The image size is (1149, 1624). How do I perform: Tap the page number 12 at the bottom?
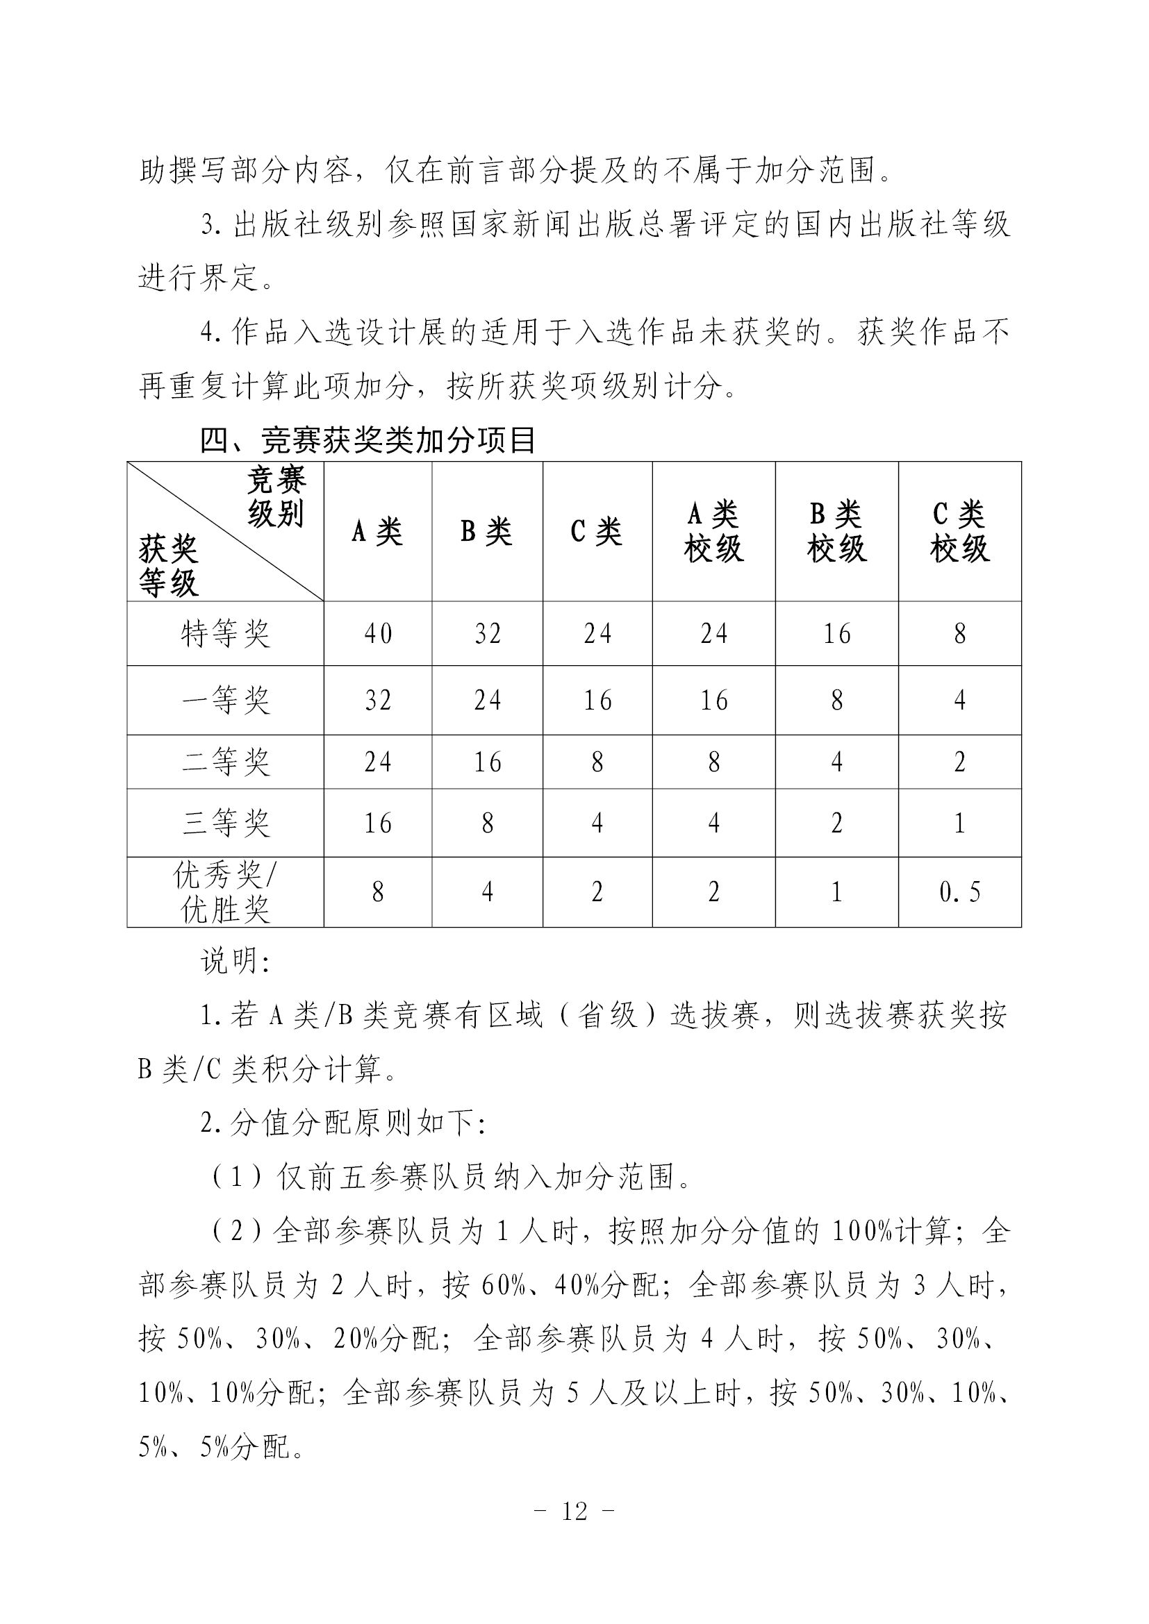[x=574, y=1511]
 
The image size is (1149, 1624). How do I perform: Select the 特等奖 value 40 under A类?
[x=378, y=634]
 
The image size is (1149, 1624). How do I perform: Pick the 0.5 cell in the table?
[x=959, y=892]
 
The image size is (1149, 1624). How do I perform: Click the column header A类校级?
[x=713, y=531]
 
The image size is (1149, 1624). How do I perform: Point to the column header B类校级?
[x=836, y=531]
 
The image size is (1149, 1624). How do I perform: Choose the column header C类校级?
[x=959, y=531]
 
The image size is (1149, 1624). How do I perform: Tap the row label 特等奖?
[x=225, y=634]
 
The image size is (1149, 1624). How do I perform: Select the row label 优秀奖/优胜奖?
[x=225, y=892]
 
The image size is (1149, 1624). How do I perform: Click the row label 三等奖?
[x=225, y=823]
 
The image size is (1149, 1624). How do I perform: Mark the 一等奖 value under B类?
[x=487, y=701]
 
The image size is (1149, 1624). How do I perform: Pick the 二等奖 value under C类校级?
[x=959, y=762]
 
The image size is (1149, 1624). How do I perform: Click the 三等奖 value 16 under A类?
[x=378, y=823]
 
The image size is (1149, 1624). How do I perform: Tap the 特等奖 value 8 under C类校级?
[x=959, y=634]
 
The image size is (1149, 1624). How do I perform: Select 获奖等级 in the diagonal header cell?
[x=168, y=566]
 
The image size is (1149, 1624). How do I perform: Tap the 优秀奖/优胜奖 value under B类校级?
[x=836, y=892]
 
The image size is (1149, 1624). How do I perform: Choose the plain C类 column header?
[x=597, y=531]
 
